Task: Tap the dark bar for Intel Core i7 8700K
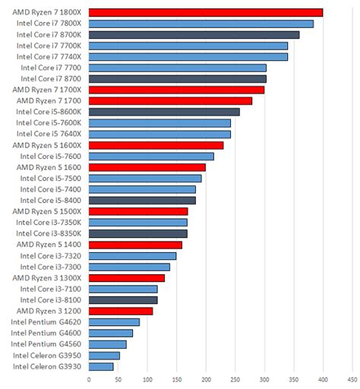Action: click(194, 35)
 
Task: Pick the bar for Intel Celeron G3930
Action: click(101, 366)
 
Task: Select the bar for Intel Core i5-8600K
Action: click(164, 112)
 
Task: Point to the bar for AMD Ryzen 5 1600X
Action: click(156, 145)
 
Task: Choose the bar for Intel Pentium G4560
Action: click(107, 344)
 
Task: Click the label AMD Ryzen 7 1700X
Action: click(49, 90)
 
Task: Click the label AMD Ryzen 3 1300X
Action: click(49, 277)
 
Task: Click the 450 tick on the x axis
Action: click(352, 380)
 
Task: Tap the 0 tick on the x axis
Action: click(89, 380)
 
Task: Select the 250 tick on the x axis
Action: click(235, 380)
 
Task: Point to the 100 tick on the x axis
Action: click(147, 380)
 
